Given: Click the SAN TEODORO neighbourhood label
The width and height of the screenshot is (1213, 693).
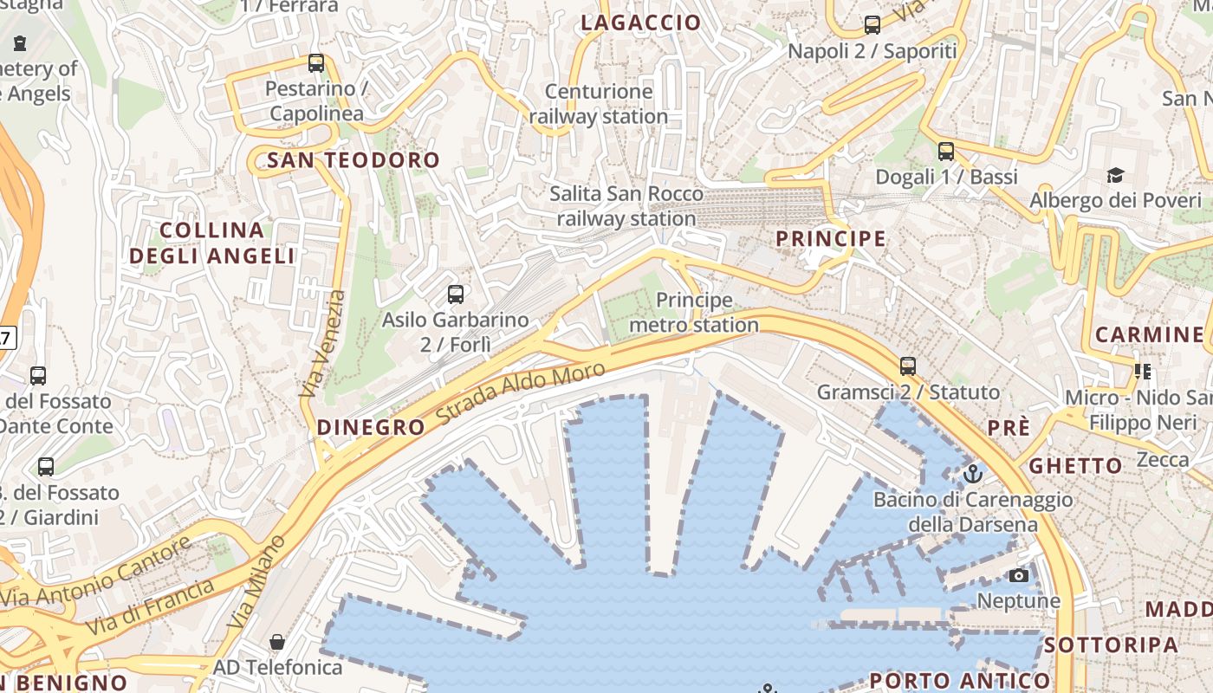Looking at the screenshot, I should (x=354, y=160).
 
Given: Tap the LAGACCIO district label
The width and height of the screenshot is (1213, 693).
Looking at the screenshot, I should (x=640, y=23).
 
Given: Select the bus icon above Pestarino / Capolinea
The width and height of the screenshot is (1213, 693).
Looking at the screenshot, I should (x=316, y=63).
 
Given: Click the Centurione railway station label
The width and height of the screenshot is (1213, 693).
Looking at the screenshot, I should (x=599, y=103).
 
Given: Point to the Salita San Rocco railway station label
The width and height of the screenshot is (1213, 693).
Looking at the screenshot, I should (x=626, y=205).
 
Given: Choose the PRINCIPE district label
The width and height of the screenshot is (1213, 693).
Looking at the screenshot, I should (x=830, y=238).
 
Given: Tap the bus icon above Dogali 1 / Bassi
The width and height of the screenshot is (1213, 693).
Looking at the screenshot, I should (x=945, y=152).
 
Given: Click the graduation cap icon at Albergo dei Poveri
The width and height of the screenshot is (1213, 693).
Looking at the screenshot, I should (x=1115, y=176).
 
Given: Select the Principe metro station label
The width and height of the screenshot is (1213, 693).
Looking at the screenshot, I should (x=694, y=313).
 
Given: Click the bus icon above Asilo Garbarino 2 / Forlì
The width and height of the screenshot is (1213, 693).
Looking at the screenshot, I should (x=456, y=295).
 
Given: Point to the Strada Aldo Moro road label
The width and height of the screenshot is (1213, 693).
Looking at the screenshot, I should (x=520, y=394).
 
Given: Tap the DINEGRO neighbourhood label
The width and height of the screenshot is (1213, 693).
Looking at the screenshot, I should (x=371, y=427).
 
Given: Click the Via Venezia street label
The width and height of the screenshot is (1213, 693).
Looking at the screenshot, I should (x=321, y=344).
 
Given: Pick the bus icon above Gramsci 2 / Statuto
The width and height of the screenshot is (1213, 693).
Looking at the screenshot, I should (x=907, y=366).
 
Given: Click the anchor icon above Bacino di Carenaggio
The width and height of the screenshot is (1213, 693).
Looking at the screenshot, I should (x=972, y=474).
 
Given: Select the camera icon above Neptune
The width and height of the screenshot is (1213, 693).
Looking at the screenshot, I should (x=1019, y=576).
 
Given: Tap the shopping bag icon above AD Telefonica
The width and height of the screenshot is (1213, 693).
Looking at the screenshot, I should (x=277, y=642).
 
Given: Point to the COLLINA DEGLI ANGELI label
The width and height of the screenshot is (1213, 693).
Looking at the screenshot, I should (x=212, y=243).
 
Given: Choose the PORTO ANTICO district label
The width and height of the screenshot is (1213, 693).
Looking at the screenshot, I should (x=959, y=680).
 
